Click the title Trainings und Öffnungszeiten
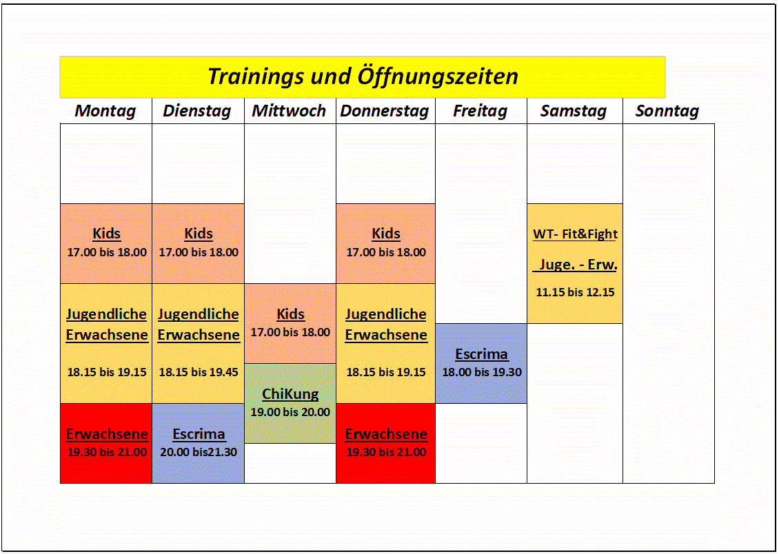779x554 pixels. pyautogui.click(x=363, y=76)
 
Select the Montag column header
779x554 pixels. pyautogui.click(x=105, y=111)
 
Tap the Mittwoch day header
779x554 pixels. pyautogui.click(x=289, y=111)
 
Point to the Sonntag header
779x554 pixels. pyautogui.click(x=667, y=111)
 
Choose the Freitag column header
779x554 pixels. pyautogui.click(x=480, y=111)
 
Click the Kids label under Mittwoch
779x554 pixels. pyautogui.click(x=290, y=314)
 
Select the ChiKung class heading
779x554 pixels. pyautogui.click(x=290, y=394)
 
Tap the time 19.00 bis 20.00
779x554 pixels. pyautogui.click(x=290, y=412)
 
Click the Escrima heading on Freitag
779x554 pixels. pyautogui.click(x=481, y=354)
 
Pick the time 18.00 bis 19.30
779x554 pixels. pyautogui.click(x=482, y=372)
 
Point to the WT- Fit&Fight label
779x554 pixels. pyautogui.click(x=576, y=234)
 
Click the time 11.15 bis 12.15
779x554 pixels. pyautogui.click(x=576, y=292)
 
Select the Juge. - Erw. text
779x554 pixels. pyautogui.click(x=576, y=265)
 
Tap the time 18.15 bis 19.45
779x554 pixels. pyautogui.click(x=199, y=372)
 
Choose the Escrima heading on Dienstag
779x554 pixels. pyautogui.click(x=199, y=434)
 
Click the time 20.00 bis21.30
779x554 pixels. pyautogui.click(x=199, y=452)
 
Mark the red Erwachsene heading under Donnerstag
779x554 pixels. pyautogui.click(x=386, y=434)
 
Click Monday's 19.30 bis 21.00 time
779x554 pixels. pyautogui.click(x=107, y=452)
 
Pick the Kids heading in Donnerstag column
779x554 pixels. pyautogui.click(x=386, y=234)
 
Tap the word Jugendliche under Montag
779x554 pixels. pyautogui.click(x=106, y=314)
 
